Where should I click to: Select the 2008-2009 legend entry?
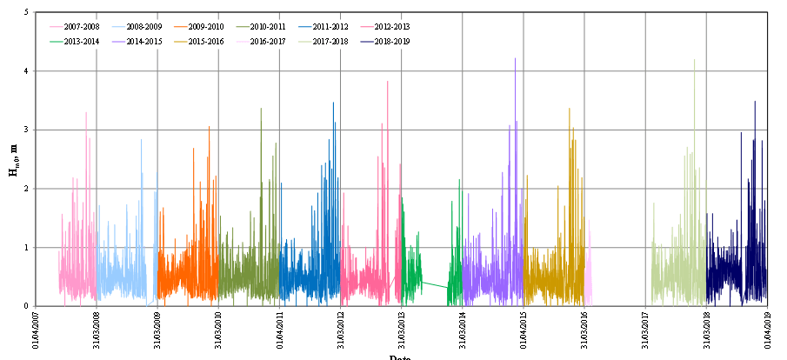143,27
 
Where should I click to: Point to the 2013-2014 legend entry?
81,40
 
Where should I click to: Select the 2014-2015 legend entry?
143,40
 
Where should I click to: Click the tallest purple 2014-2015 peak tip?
515,58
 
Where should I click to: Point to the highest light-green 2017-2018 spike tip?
694,60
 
